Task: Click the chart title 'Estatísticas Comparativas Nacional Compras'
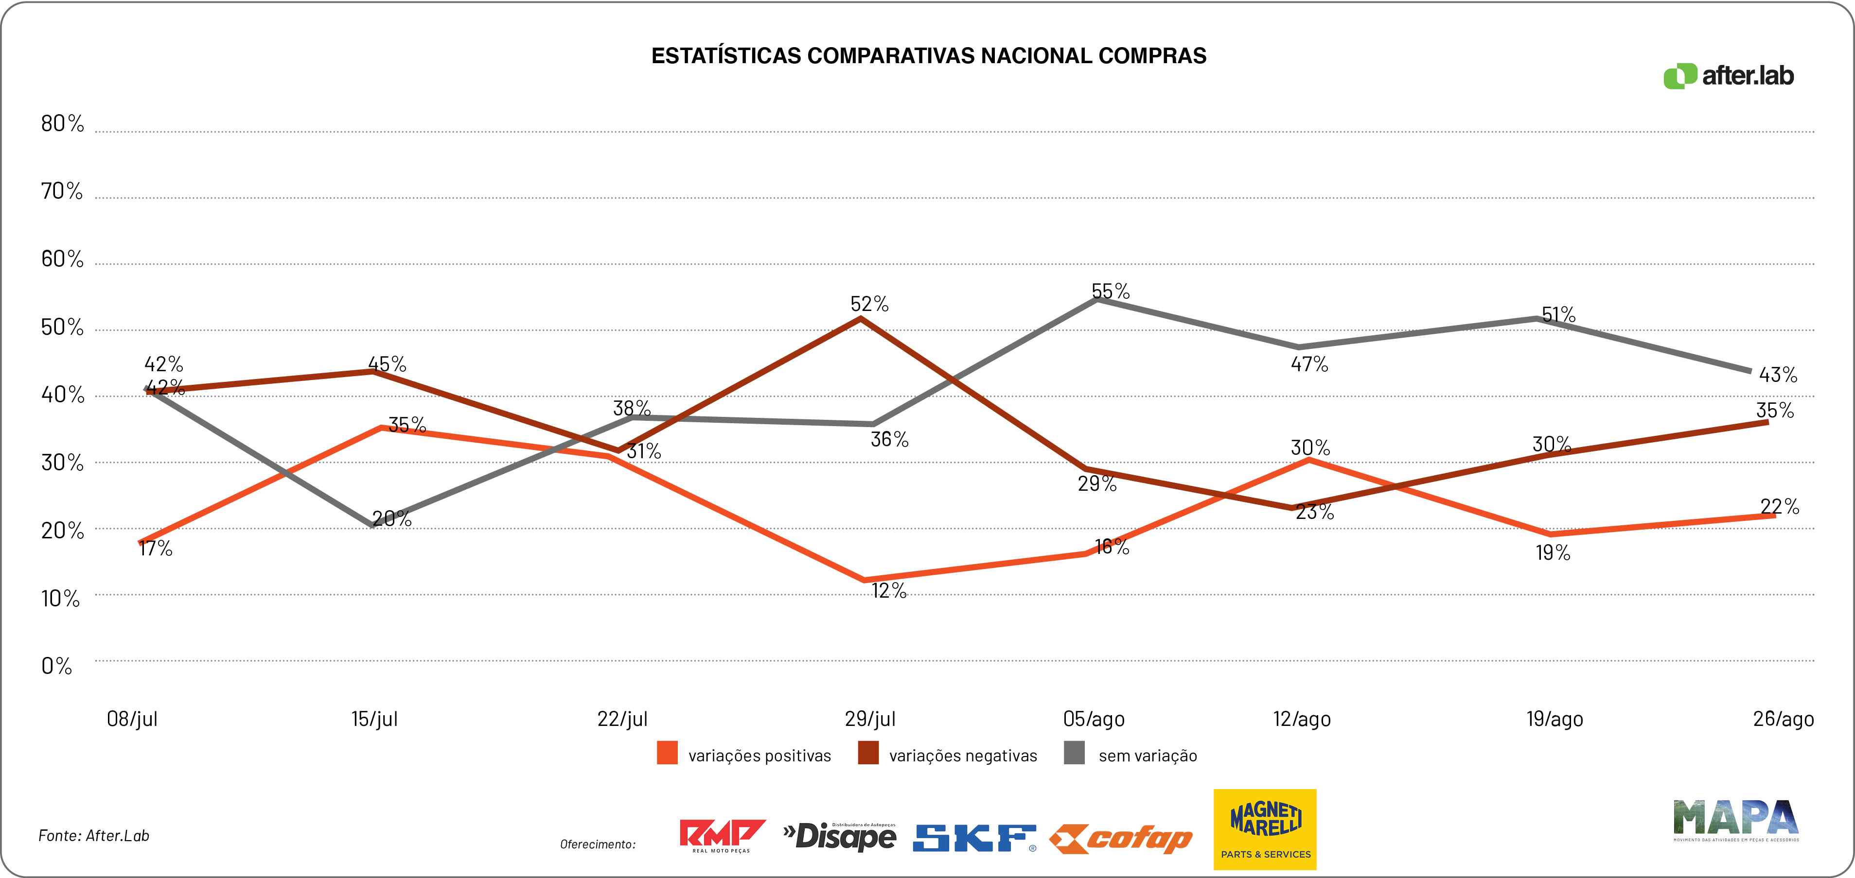click(x=928, y=56)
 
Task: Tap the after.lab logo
click(x=1728, y=76)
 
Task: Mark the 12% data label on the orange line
click(x=889, y=590)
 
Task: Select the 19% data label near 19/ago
click(x=1553, y=553)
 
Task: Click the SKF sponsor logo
click(x=974, y=838)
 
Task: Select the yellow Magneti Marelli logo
click(x=1265, y=829)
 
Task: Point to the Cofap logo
click(x=1120, y=839)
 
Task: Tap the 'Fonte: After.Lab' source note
click(x=94, y=836)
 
